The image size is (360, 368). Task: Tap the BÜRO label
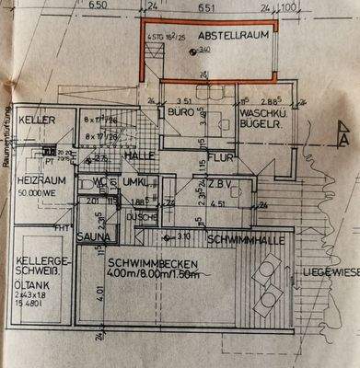coord(179,112)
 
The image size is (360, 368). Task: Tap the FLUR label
coord(218,158)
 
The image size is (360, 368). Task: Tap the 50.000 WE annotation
coord(37,195)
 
